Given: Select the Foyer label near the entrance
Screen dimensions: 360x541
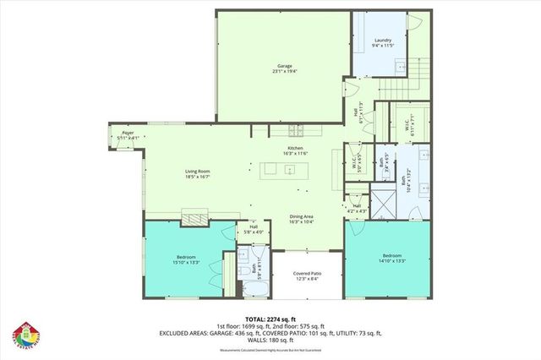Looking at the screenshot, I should click(128, 134).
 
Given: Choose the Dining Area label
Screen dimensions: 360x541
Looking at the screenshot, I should click(301, 218).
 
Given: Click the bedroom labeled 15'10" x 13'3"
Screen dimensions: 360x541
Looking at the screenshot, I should click(187, 259).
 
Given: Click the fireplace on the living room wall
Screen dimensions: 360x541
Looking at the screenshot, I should click(199, 218).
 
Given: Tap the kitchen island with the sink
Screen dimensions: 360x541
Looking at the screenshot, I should click(288, 170).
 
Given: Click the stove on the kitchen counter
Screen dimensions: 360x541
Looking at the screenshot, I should click(298, 131).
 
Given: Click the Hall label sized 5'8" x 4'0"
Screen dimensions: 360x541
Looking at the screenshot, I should click(254, 228).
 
